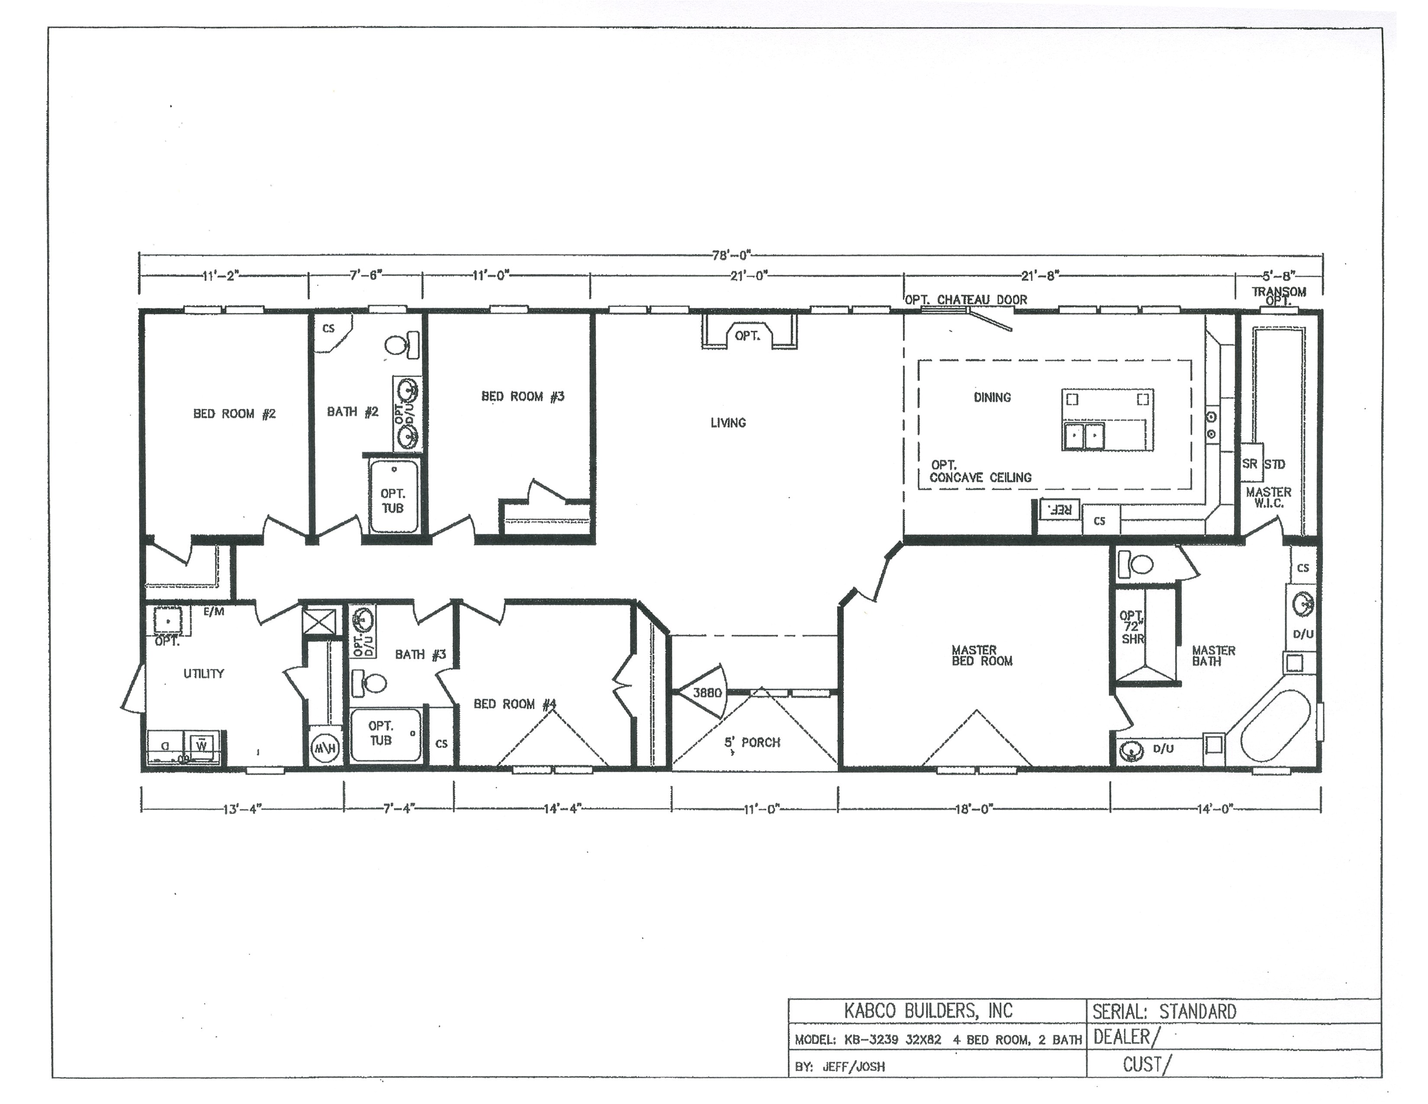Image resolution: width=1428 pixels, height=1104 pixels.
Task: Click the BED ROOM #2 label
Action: (x=234, y=414)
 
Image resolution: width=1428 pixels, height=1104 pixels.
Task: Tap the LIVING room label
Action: (x=728, y=423)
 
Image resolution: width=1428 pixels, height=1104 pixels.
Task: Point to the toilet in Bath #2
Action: (x=401, y=345)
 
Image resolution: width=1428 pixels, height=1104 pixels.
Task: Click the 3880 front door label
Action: (x=707, y=693)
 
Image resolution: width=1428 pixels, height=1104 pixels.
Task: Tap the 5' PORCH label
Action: (x=752, y=742)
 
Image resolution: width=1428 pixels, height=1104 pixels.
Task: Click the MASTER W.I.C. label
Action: (x=1268, y=497)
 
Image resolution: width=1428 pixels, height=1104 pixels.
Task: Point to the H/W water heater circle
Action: (x=324, y=748)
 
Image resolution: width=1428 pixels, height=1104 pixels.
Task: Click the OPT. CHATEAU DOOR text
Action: (x=966, y=300)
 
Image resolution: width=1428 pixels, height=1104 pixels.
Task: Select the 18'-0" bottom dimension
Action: (x=974, y=809)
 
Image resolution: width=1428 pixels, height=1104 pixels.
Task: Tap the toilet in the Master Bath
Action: (x=1136, y=563)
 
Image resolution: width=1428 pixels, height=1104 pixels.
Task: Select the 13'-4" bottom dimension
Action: (x=242, y=810)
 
